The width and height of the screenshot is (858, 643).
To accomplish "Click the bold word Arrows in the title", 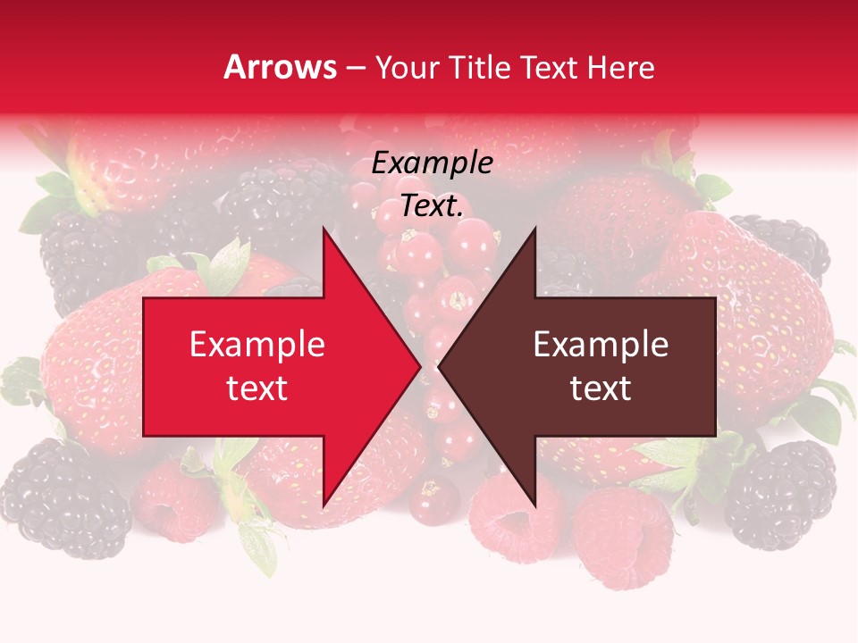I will (x=281, y=67).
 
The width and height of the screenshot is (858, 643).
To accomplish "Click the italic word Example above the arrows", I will (x=432, y=163).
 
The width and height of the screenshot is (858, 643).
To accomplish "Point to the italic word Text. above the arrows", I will (x=432, y=206).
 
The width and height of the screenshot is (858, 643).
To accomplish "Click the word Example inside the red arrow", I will (x=257, y=344).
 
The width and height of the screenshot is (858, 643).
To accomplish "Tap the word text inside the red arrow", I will (x=257, y=388).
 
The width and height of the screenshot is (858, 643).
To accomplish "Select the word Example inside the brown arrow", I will (x=601, y=344).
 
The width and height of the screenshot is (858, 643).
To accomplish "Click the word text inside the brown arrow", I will (x=601, y=388).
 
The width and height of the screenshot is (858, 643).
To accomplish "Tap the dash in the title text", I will (x=356, y=68).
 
